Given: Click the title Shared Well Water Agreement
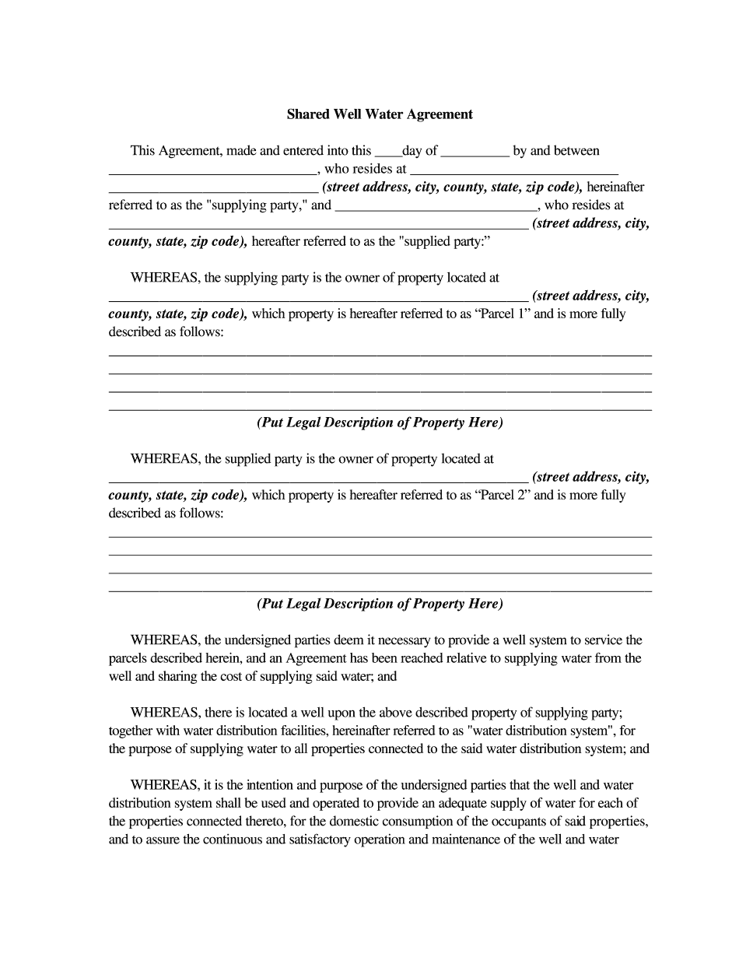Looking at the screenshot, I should point(380,114).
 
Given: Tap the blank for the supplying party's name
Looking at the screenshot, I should point(212,170).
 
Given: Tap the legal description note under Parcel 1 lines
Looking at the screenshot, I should point(380,422).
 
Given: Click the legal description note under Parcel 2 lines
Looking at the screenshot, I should point(380,604).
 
